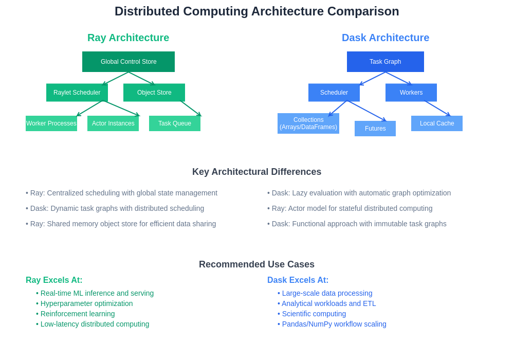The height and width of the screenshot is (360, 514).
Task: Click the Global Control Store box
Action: tap(128, 62)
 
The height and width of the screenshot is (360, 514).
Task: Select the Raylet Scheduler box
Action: tap(77, 93)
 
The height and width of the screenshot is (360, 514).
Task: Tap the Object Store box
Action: tap(154, 93)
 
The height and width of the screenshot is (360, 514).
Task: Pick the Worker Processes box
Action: tap(51, 123)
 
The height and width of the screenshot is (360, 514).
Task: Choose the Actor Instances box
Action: tap(113, 123)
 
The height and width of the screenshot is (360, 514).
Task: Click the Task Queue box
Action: tap(175, 123)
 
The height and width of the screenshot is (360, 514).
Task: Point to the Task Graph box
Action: tap(385, 62)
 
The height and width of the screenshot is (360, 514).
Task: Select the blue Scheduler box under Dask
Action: tap(334, 93)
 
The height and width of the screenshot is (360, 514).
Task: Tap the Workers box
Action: tap(411, 93)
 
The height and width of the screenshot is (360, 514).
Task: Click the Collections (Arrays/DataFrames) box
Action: tap(308, 123)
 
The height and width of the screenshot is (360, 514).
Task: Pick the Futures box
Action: tap(375, 129)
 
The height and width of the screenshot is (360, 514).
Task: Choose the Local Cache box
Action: tap(437, 123)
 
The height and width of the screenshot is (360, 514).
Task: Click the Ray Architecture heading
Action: tap(128, 38)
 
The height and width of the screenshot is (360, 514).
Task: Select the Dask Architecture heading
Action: tap(385, 38)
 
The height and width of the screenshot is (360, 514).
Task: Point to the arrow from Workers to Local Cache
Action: tap(437, 108)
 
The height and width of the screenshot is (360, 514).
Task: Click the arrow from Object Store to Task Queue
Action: tap(191, 108)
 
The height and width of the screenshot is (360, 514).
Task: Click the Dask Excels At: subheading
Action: tap(298, 280)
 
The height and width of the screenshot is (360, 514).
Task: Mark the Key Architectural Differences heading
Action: tap(256, 172)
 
